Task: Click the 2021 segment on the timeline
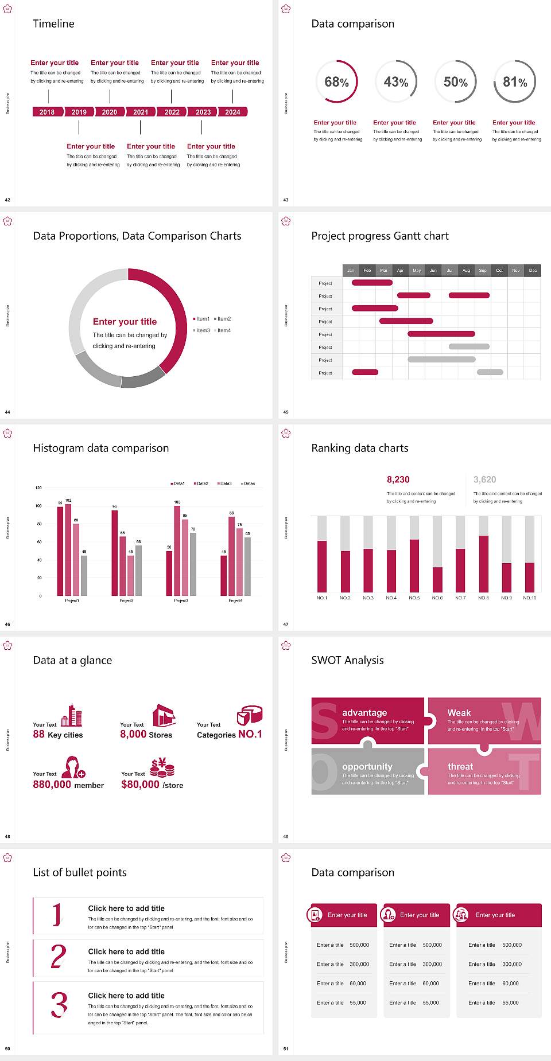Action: [141, 112]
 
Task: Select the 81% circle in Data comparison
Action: [515, 82]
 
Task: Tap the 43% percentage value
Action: [396, 82]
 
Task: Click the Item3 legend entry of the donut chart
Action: [201, 330]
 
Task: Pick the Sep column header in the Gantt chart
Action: [483, 270]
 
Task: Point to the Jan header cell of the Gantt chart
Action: [351, 270]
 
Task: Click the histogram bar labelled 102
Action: [68, 548]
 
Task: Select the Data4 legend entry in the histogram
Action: [248, 483]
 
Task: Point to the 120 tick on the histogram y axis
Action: [38, 487]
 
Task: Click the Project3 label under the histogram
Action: [181, 600]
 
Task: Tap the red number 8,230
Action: [398, 479]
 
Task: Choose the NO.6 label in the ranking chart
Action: [437, 598]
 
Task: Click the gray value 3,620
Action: [484, 479]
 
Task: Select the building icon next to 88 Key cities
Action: [72, 716]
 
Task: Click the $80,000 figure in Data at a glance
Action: [140, 785]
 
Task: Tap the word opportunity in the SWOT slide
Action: [367, 767]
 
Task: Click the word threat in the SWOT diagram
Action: [460, 767]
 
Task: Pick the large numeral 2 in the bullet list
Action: [59, 957]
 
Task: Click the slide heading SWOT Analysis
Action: [347, 660]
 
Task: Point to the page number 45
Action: [286, 412]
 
